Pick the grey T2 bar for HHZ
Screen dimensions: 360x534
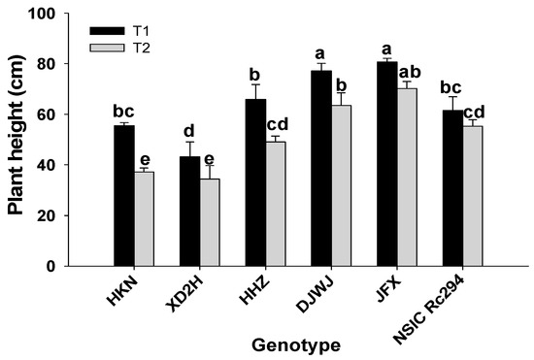point(275,204)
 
